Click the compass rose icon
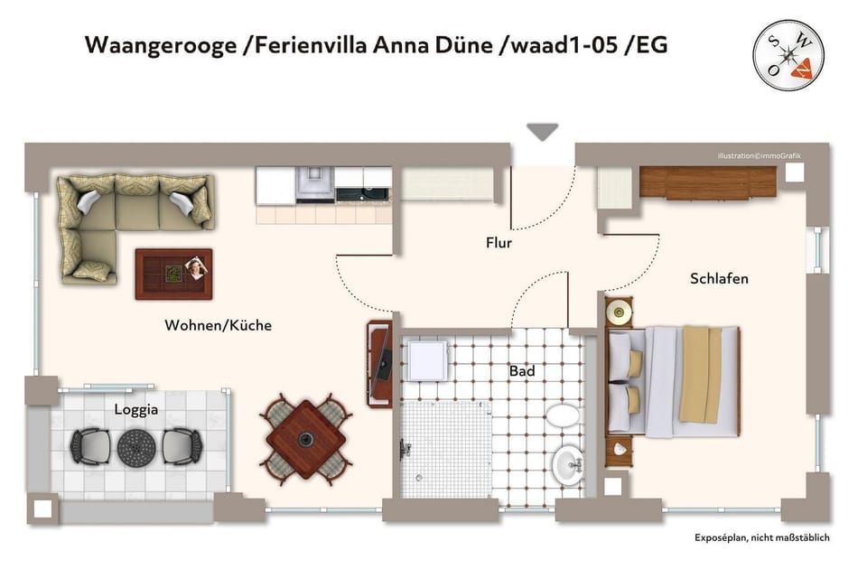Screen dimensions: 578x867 click(x=788, y=55)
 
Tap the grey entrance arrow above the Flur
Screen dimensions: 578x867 click(x=543, y=132)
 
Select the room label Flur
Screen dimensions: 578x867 click(x=499, y=243)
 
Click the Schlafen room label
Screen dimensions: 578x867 click(x=719, y=278)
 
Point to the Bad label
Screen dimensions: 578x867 click(x=522, y=371)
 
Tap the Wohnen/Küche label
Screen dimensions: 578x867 click(x=218, y=325)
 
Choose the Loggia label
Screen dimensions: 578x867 click(x=136, y=409)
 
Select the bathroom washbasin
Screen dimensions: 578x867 click(x=568, y=465)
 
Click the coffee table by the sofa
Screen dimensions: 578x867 click(x=173, y=274)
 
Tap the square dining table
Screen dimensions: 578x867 click(x=306, y=440)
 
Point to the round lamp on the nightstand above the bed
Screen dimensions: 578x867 click(x=619, y=314)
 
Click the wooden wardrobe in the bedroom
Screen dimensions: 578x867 click(x=708, y=182)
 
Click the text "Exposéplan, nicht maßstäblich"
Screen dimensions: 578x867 click(x=761, y=538)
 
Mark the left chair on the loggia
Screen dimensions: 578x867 click(x=91, y=446)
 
